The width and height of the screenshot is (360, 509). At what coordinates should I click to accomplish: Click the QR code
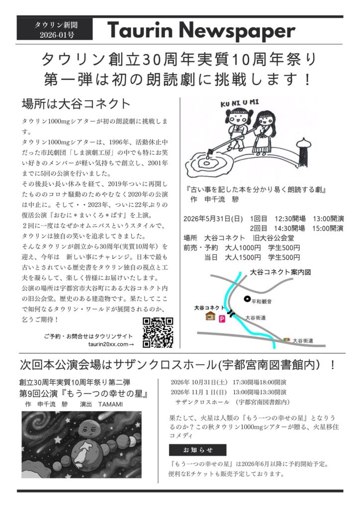point(158,332)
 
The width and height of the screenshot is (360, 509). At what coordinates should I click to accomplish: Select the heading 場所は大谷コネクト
point(76,104)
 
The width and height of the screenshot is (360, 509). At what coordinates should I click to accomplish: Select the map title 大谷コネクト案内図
point(280,272)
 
